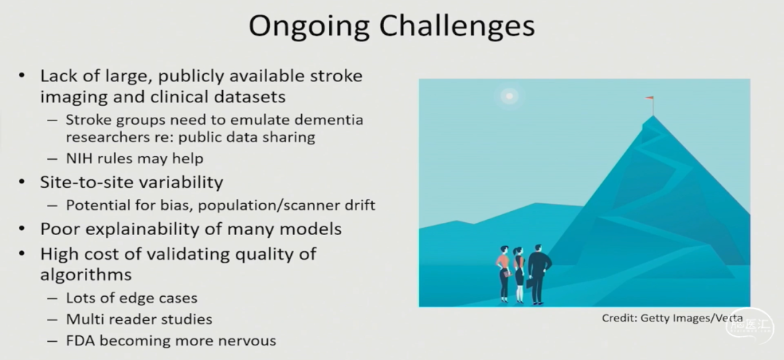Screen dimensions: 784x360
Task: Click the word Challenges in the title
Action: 457,27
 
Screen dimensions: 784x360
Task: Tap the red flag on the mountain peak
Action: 650,98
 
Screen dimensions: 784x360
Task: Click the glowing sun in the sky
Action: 509,96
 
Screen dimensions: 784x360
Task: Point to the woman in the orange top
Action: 504,274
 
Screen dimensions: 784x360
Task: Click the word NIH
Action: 78,158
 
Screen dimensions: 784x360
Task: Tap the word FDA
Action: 80,340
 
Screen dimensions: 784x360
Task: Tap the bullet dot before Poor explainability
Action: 22,229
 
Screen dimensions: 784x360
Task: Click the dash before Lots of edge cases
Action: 52,298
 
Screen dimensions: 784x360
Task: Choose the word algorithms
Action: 86,274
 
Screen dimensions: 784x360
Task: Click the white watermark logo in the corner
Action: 750,325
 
